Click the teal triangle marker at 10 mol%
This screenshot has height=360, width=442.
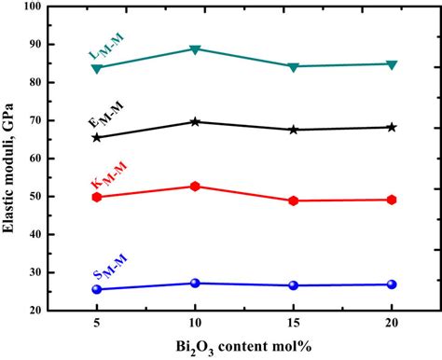point(195,49)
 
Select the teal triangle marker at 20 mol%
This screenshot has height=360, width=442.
point(392,64)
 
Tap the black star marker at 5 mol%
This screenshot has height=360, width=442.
point(97,137)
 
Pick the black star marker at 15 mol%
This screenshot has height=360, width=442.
point(294,130)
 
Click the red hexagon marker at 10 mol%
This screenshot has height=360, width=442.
point(195,187)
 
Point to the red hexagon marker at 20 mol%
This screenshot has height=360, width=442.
point(392,200)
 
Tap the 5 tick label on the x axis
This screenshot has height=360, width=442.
point(97,325)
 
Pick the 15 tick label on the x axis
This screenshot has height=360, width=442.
point(294,325)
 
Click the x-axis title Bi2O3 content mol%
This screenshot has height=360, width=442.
point(243,348)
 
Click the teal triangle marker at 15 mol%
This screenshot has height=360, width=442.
point(294,67)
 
